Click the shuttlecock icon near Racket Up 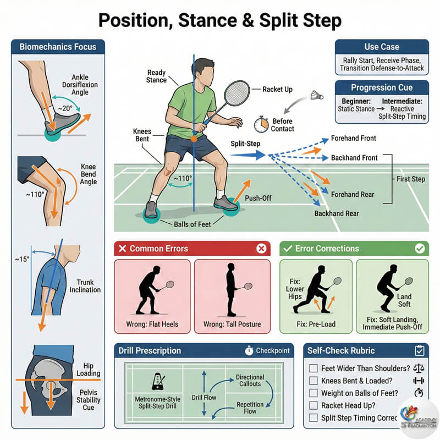pyautogui.click(x=316, y=95)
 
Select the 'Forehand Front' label pyautogui.click(x=354, y=139)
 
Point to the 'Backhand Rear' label pyautogui.click(x=337, y=213)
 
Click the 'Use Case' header pyautogui.click(x=381, y=47)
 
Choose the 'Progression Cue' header pyautogui.click(x=381, y=88)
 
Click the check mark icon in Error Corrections pyautogui.click(x=420, y=249)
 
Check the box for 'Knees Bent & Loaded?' pyautogui.click(x=313, y=381)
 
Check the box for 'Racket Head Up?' pyautogui.click(x=313, y=405)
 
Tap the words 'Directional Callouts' pyautogui.click(x=250, y=381)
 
